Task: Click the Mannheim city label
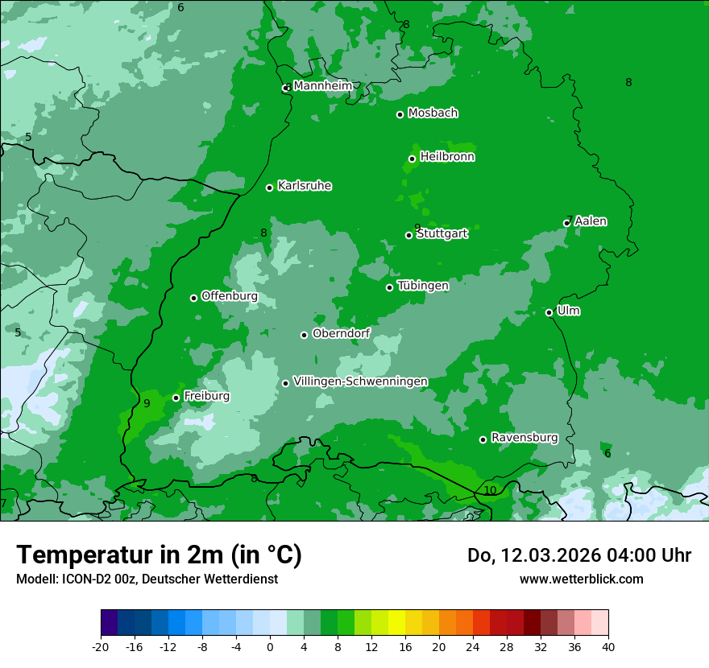(322, 86)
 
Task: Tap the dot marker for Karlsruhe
(270, 188)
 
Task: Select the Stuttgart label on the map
(442, 234)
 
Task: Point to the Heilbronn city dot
(412, 159)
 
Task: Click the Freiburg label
(206, 396)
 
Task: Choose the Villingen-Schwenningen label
(360, 381)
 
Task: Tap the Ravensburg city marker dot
(483, 439)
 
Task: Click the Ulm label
(568, 311)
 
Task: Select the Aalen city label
(591, 221)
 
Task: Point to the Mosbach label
(433, 113)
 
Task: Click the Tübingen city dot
(390, 287)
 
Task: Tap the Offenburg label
(229, 296)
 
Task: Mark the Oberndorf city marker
(304, 335)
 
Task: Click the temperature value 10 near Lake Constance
(490, 490)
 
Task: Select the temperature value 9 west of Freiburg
(147, 403)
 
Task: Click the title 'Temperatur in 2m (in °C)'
(159, 555)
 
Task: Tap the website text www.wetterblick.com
(581, 579)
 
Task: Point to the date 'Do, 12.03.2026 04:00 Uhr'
(578, 555)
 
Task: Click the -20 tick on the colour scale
(101, 646)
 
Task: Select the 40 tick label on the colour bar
(607, 646)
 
